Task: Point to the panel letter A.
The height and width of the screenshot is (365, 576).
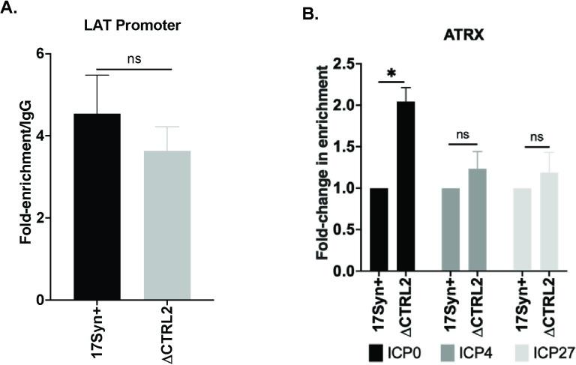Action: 10,8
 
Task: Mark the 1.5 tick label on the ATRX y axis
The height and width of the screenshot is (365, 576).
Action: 344,147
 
